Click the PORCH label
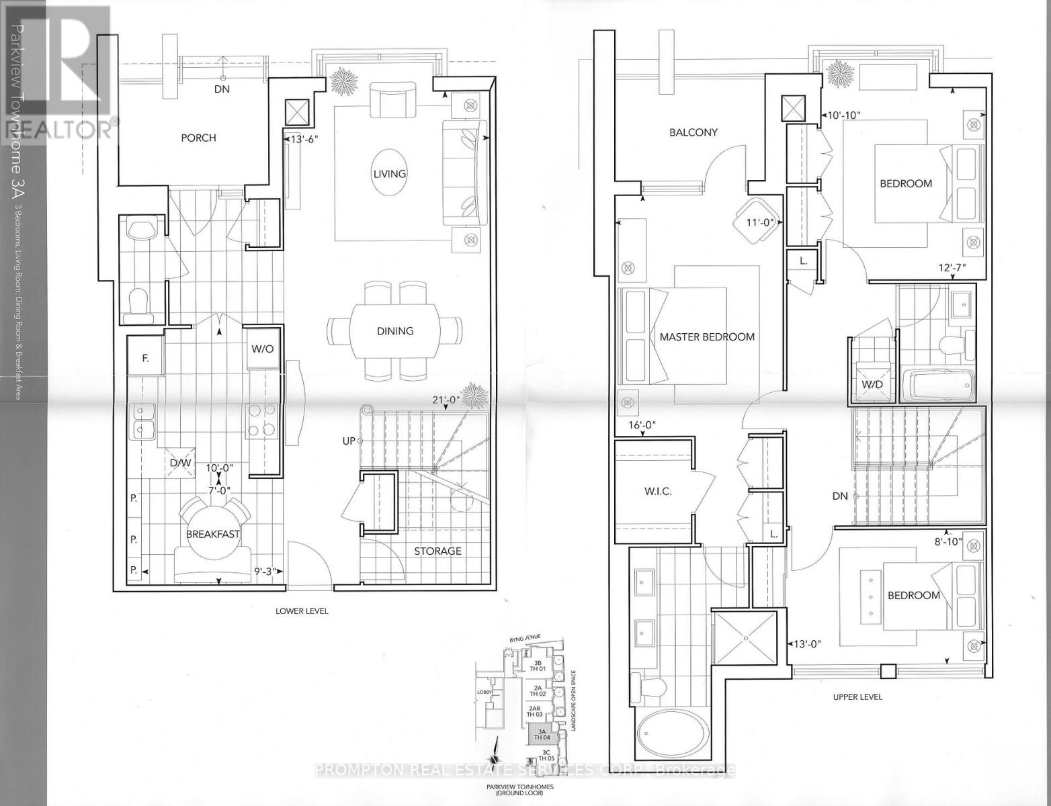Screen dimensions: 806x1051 coord(198,138)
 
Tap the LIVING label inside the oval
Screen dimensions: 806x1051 coord(390,173)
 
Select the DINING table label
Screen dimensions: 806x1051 coord(394,330)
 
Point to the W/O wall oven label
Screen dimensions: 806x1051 coord(262,349)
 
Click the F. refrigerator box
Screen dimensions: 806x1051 coord(145,359)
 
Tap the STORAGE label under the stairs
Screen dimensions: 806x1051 coord(437,551)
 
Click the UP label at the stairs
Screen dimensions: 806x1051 coord(349,441)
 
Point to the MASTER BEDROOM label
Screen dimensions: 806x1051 coord(706,337)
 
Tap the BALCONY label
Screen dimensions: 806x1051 coord(693,132)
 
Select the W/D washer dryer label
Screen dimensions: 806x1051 coord(872,384)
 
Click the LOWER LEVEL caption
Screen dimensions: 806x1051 coord(302,611)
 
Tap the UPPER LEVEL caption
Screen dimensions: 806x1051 coord(857,697)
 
